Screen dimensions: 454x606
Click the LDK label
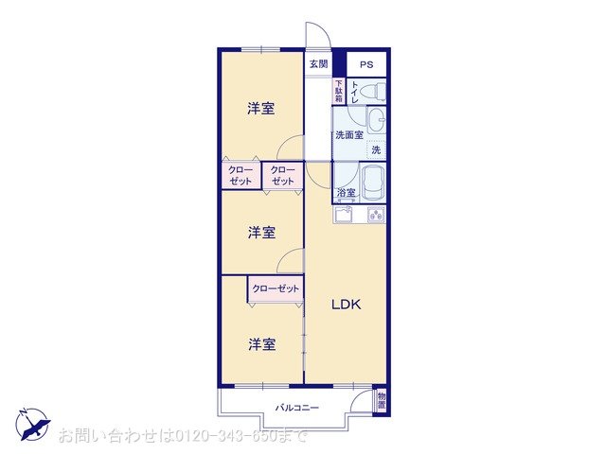346,305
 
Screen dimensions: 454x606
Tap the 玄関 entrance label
317,64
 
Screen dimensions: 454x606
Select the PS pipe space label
365,64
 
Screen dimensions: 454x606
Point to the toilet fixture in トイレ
375,91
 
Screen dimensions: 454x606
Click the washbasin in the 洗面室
377,120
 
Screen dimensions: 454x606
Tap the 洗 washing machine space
376,149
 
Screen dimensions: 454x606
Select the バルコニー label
297,408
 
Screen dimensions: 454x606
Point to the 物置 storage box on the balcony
381,400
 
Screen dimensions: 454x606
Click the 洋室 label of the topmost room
262,109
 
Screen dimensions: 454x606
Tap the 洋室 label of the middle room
262,232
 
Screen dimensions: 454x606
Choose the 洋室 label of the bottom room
262,344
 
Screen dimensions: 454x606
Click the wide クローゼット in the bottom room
276,288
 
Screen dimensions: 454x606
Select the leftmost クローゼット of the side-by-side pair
241,175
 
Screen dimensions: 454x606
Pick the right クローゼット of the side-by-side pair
282,175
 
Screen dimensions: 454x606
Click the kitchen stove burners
374,215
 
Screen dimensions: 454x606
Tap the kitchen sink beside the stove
344,215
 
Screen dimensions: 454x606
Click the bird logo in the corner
32,424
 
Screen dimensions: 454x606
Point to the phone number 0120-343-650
224,436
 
